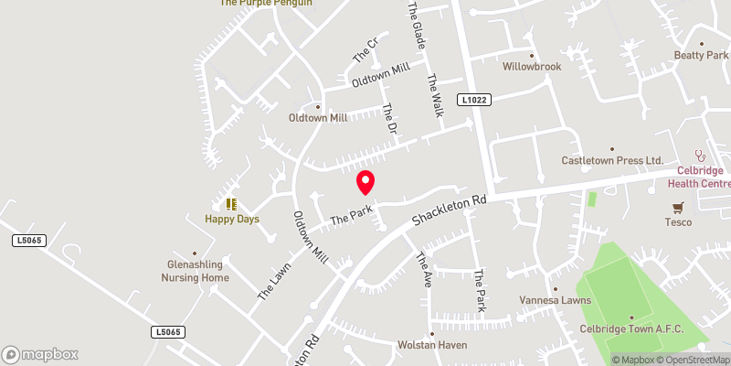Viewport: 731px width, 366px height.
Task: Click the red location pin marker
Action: [x=365, y=183]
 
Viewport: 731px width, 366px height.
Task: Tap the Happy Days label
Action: [x=231, y=219]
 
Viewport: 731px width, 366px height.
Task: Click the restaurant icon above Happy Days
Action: [x=231, y=203]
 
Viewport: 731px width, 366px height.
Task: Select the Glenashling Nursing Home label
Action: [x=195, y=271]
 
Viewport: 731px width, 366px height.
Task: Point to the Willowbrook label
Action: [x=531, y=67]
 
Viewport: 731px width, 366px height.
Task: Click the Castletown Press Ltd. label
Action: [x=612, y=161]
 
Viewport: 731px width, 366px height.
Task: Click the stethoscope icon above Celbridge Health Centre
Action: [x=701, y=155]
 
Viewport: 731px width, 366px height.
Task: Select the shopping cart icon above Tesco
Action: [x=678, y=208]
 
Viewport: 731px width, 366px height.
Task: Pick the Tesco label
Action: [x=678, y=221]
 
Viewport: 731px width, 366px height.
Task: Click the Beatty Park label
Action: [x=701, y=56]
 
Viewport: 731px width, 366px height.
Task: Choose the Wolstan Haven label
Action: [x=432, y=345]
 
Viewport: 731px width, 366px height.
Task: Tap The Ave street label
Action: [x=424, y=271]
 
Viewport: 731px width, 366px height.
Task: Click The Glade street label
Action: [x=417, y=26]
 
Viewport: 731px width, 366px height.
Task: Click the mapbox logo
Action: [x=40, y=354]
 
